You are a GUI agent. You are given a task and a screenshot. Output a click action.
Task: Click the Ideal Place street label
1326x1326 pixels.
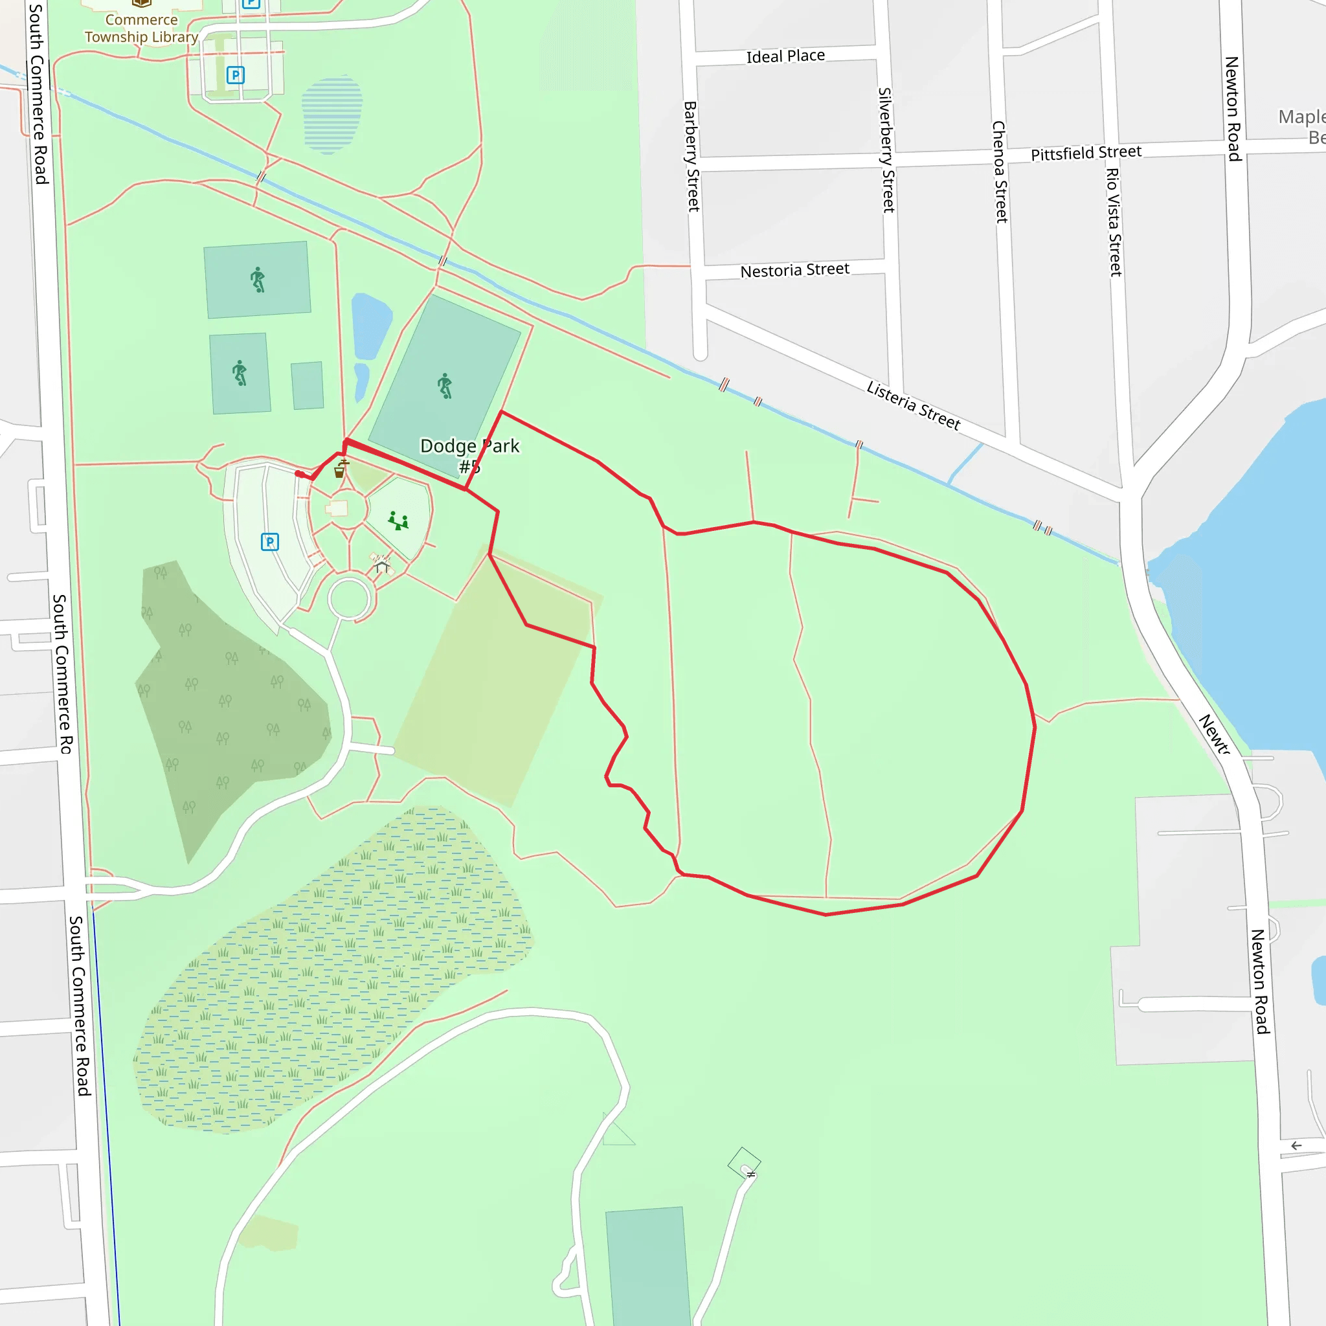point(785,56)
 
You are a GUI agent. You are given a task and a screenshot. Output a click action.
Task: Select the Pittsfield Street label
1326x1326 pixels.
point(1086,152)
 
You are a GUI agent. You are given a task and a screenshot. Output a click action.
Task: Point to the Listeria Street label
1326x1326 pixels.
point(913,405)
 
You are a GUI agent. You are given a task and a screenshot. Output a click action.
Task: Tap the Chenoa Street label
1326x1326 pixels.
point(1000,172)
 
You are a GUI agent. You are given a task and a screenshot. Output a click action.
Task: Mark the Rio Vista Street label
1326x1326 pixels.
point(1113,221)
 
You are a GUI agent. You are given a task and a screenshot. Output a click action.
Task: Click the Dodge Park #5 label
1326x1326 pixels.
point(469,456)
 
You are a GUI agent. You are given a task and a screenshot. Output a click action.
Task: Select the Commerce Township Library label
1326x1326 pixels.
point(141,28)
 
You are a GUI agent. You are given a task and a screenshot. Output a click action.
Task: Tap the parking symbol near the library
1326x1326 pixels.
point(236,75)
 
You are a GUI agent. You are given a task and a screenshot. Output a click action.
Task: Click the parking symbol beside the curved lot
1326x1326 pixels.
point(270,541)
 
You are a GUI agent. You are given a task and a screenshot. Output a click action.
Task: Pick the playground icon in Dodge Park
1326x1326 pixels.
point(398,521)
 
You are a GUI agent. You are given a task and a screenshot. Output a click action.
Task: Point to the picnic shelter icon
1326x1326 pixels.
point(381,564)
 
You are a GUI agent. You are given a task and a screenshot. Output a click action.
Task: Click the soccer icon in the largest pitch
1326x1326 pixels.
point(445,386)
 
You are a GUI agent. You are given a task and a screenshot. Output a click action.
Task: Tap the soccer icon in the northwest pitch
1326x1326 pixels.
point(258,279)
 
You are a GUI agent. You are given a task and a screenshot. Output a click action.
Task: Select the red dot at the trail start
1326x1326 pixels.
point(299,473)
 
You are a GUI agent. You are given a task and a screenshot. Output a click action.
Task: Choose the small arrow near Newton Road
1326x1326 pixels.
point(1296,1145)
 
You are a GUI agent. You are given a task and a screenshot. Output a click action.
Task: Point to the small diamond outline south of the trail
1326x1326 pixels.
point(744,1162)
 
